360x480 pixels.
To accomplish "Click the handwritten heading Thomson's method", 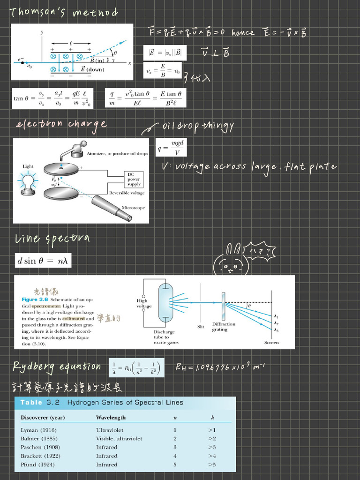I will click(x=64, y=13).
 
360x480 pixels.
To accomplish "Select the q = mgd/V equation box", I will click(x=171, y=147).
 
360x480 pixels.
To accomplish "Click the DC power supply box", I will click(x=134, y=179).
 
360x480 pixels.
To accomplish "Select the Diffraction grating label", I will click(x=224, y=327).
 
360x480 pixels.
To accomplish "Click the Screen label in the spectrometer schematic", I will click(x=271, y=343).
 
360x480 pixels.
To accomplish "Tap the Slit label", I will click(x=201, y=326).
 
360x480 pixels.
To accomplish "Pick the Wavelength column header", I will click(x=111, y=418).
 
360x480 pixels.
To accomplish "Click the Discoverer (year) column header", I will click(x=43, y=418).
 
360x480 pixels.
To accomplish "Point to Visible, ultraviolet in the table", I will click(x=119, y=439).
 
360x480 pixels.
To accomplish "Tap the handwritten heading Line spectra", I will click(x=52, y=239).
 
